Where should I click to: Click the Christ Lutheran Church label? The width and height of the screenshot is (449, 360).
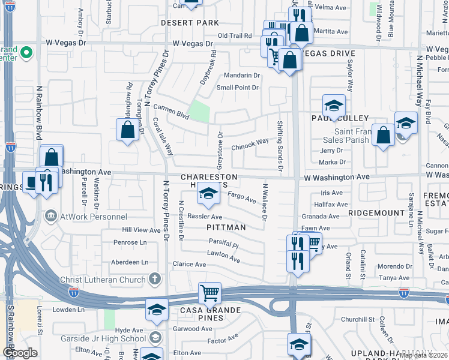pos(103,280)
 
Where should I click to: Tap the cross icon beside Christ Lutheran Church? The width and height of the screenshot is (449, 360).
pos(155,279)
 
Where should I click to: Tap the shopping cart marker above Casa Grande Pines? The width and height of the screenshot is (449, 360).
pos(210,293)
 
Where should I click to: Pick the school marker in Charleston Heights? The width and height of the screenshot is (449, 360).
pos(208,193)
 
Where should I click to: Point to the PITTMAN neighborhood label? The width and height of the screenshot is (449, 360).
pos(226,228)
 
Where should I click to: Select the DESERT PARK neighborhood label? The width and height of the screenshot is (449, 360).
pos(190,23)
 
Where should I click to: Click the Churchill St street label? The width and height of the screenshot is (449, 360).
pos(358,319)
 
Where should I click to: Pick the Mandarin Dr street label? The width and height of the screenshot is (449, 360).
pos(241,76)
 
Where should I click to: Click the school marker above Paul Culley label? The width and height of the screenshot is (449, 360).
pos(334,106)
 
